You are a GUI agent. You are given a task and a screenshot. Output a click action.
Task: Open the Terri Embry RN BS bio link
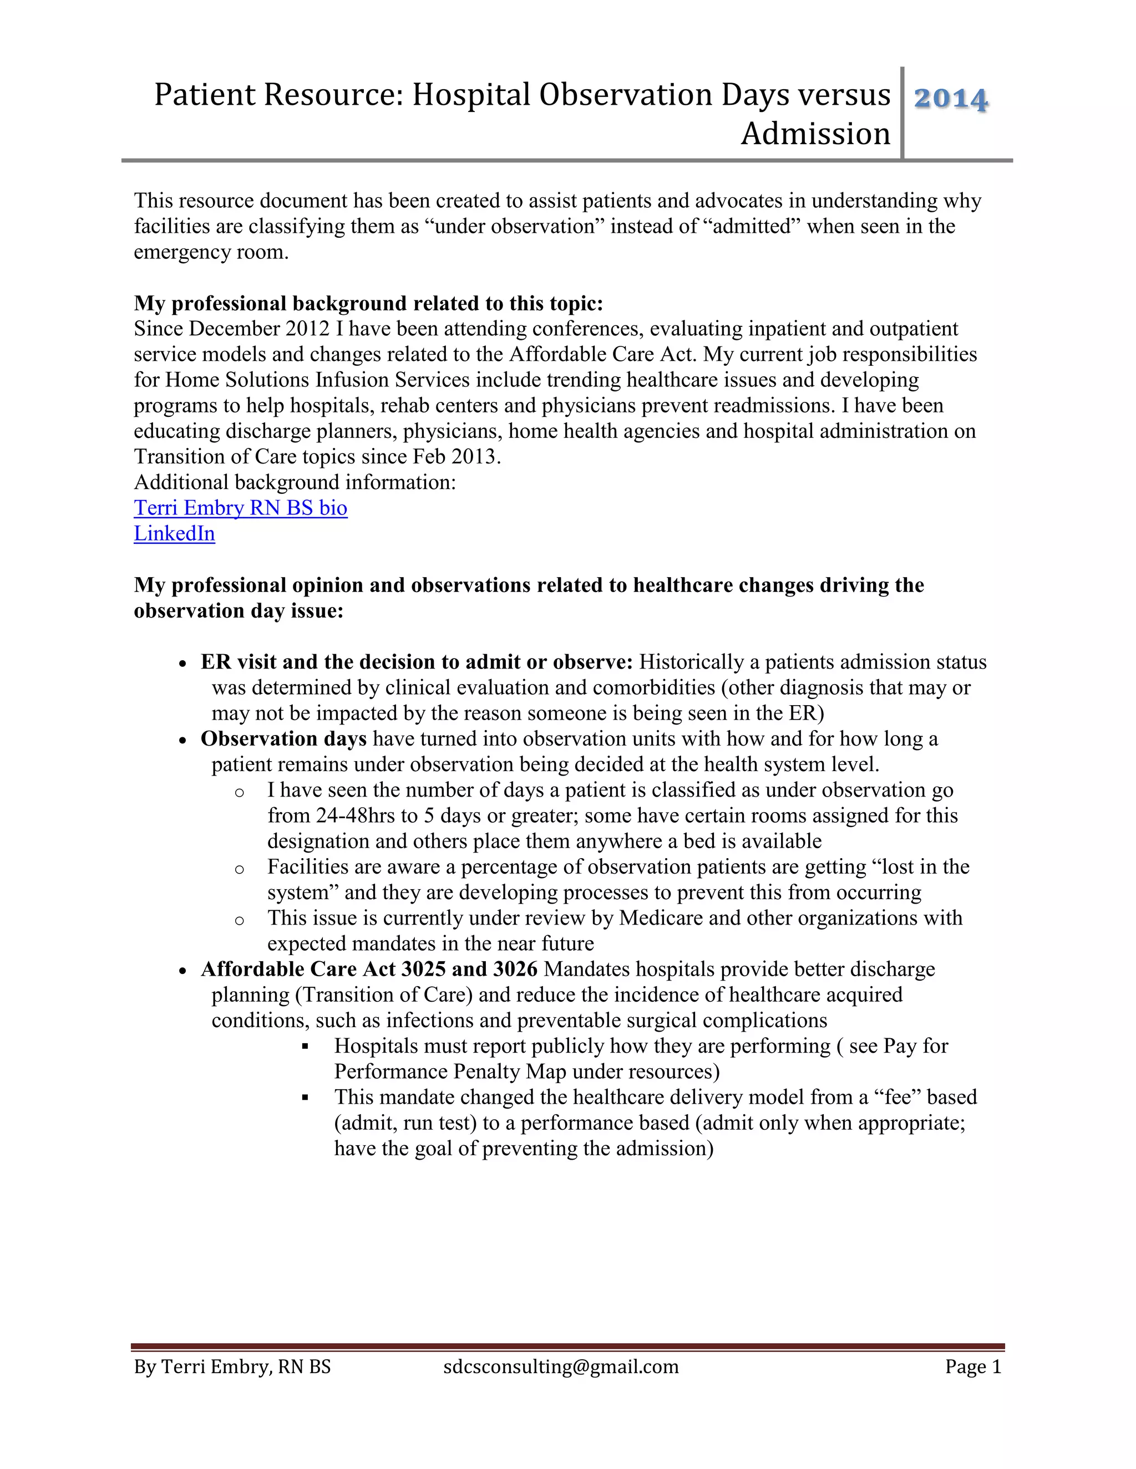(x=240, y=508)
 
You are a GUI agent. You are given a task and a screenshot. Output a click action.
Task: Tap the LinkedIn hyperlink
(x=174, y=533)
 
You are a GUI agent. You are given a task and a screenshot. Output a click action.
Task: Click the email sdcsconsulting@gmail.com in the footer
(x=561, y=1367)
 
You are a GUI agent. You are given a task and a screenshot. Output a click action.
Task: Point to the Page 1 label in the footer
(x=972, y=1367)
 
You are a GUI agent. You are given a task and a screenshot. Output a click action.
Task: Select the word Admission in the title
(x=815, y=133)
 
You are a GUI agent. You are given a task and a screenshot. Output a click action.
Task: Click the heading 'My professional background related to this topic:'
(x=368, y=303)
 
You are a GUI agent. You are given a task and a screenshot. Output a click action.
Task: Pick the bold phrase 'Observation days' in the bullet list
(x=283, y=738)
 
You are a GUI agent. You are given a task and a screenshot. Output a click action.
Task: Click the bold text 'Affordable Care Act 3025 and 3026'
(x=369, y=969)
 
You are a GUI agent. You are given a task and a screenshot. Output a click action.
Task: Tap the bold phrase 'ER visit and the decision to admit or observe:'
(x=417, y=662)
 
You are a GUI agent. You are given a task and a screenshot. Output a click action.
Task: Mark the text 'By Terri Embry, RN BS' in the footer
(x=232, y=1367)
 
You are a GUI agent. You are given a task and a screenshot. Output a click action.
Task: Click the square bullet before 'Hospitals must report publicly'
(x=305, y=1047)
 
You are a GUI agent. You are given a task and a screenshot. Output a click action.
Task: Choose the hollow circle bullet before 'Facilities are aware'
(x=239, y=869)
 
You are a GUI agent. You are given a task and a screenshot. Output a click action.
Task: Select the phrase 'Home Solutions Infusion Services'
(x=317, y=380)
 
